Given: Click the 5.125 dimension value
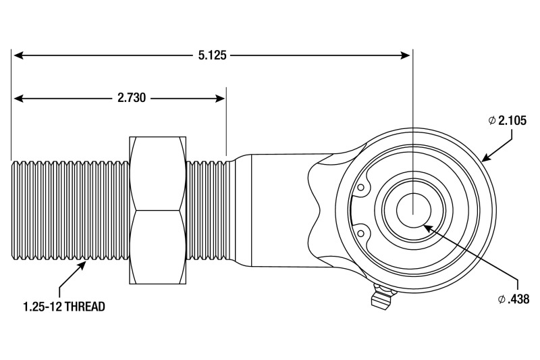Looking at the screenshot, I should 212,55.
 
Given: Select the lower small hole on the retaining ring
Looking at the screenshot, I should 362,233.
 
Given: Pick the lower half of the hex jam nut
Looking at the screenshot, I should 157,247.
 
